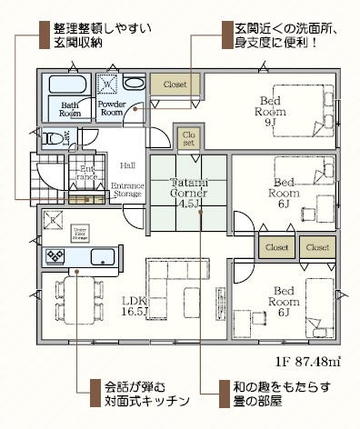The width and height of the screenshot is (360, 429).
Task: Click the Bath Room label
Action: point(71,109)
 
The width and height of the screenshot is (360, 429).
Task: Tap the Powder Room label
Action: point(112,109)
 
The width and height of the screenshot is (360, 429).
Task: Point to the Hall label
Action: point(127,165)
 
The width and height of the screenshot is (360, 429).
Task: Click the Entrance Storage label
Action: point(127,189)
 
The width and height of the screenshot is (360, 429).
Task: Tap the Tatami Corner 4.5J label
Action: point(188,193)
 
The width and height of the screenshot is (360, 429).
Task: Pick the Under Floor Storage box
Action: point(81,231)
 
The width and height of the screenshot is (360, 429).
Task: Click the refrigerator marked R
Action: point(54,221)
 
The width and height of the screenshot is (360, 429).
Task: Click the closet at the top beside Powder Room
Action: point(175,85)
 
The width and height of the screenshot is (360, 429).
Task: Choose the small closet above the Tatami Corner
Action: point(188,138)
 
